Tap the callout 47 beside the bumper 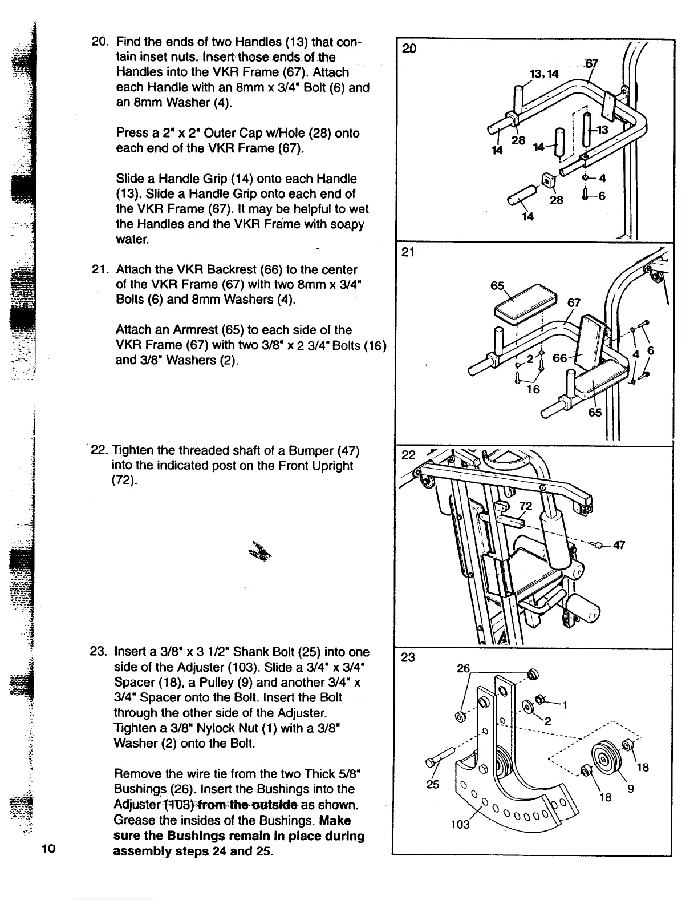[619, 544]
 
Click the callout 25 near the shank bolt [433, 784]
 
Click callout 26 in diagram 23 [464, 668]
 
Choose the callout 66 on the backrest [560, 358]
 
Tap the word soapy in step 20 [347, 224]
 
